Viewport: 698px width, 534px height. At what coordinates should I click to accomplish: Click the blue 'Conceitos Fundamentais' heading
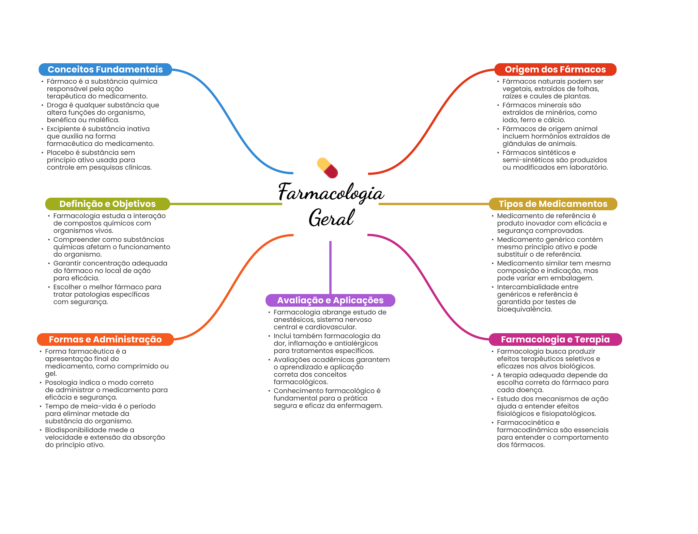[x=105, y=69]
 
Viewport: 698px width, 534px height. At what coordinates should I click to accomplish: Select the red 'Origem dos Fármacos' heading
[x=555, y=69]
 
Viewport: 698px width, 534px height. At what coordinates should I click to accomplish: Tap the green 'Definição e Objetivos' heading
[x=107, y=204]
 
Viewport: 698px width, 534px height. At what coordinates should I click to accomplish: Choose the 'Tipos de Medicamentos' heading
[x=553, y=204]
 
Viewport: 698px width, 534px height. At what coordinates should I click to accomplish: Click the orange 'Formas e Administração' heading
[x=105, y=339]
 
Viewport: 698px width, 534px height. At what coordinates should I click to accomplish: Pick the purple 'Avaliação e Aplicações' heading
[x=330, y=300]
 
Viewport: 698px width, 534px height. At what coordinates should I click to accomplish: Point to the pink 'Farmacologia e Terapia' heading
[x=555, y=339]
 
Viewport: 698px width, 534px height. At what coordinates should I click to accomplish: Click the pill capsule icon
[x=327, y=168]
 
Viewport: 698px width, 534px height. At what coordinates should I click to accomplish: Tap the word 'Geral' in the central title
[x=331, y=218]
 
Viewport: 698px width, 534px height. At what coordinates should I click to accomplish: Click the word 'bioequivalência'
[x=524, y=309]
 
